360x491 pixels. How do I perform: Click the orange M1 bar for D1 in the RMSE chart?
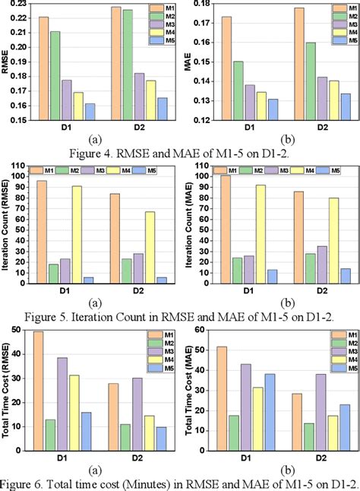tap(43, 68)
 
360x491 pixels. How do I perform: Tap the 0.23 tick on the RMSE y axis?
tap(17, 4)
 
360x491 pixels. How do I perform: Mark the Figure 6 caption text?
tap(180, 483)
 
